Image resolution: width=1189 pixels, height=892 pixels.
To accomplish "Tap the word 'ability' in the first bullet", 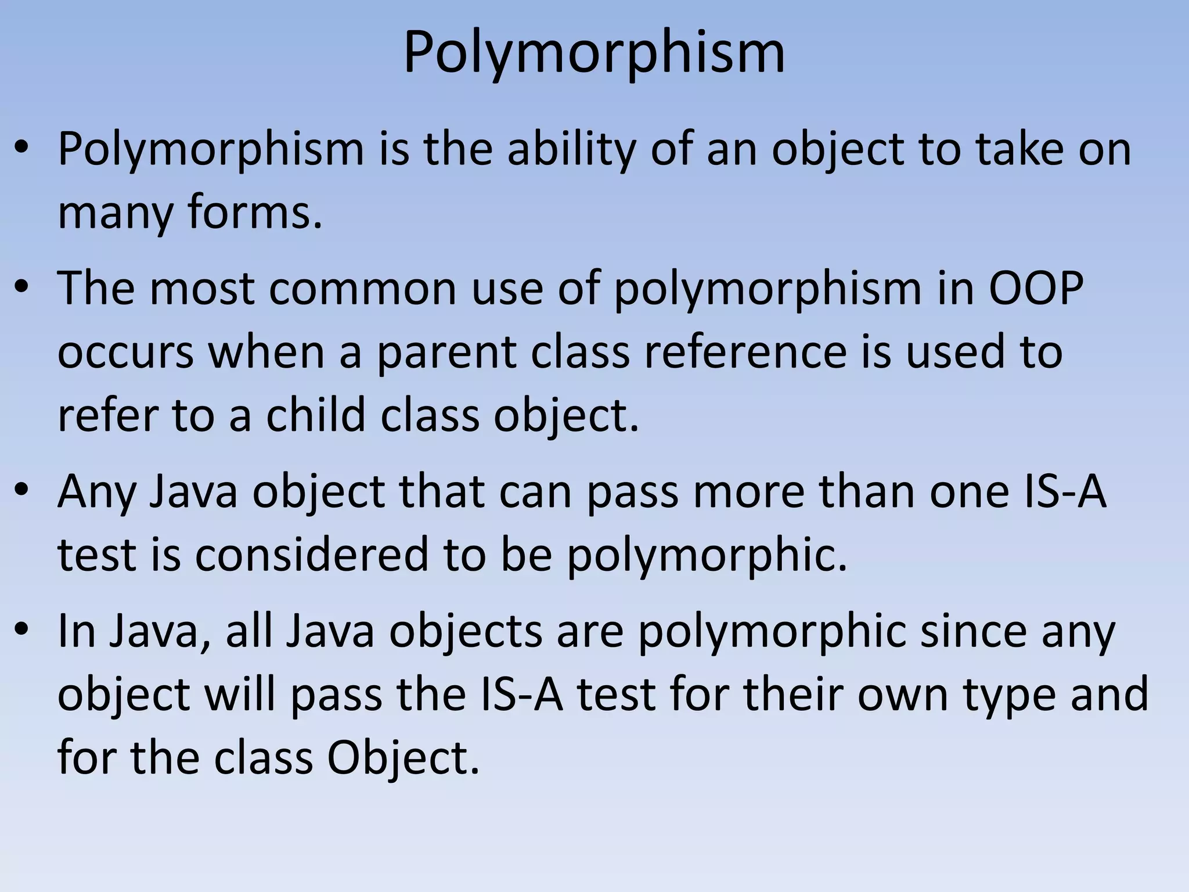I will coord(571,150).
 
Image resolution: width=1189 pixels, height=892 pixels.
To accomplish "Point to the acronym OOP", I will coord(1036,288).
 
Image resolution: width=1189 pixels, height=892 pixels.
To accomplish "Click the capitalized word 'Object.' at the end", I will coord(403,758).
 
